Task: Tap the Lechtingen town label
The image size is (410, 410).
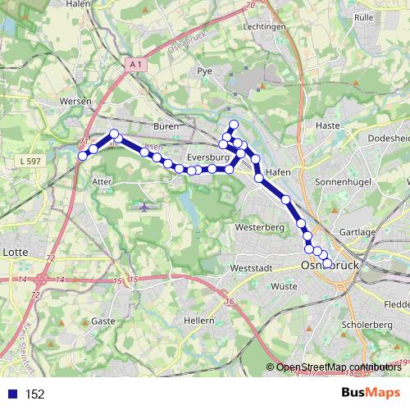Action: pos(264,26)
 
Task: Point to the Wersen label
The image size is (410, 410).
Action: pos(75,101)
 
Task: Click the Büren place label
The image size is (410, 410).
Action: pos(166,126)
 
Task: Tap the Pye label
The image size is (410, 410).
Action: pos(205,71)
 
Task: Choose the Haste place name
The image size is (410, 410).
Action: pos(327,125)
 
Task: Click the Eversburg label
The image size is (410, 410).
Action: pos(206,156)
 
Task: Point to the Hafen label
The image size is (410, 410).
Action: pos(279,173)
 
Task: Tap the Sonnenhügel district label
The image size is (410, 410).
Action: pos(344,180)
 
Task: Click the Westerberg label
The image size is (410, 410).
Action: pos(258,225)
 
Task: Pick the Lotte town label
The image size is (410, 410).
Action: pos(16,252)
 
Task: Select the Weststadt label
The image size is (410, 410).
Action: pos(251,268)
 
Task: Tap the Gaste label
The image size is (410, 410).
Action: pos(103,321)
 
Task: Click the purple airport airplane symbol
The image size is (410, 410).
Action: pos(145,206)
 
